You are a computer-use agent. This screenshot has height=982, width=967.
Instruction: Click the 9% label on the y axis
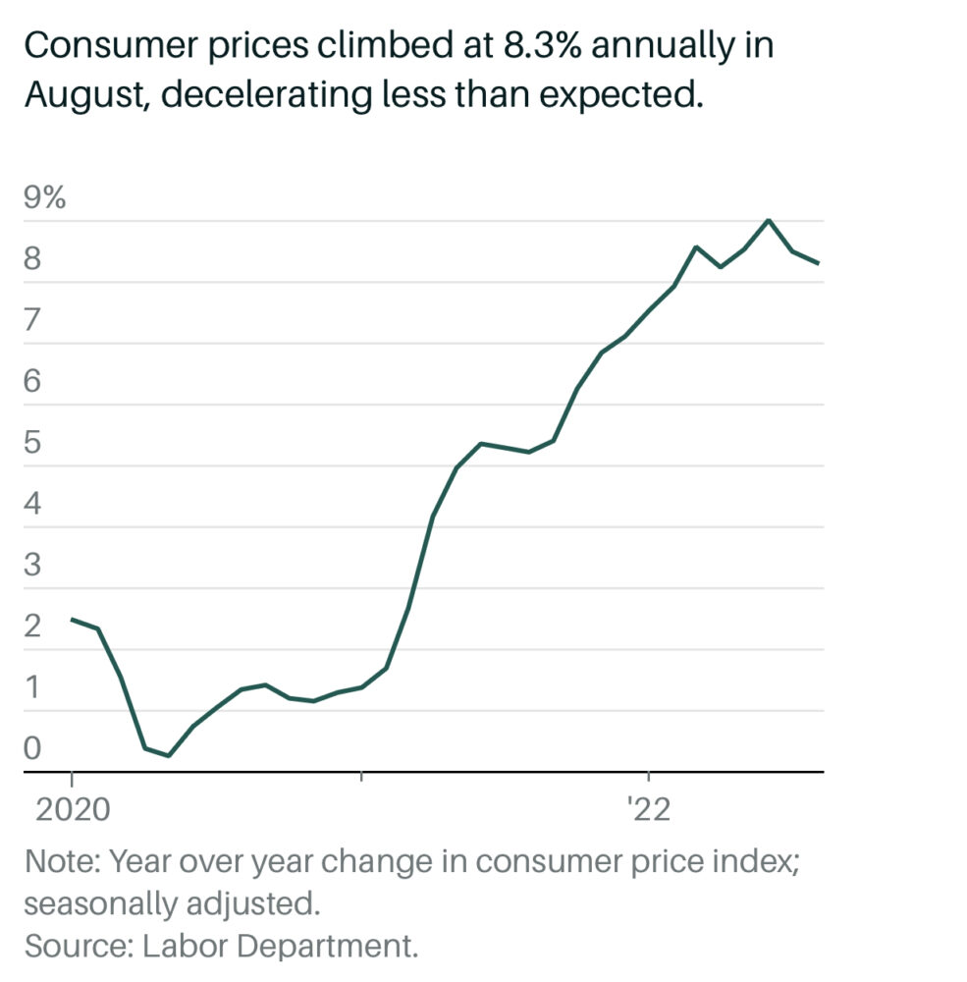(x=45, y=198)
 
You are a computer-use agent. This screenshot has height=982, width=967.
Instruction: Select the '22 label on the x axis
(x=649, y=811)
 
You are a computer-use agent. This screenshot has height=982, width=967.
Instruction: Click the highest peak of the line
(x=769, y=219)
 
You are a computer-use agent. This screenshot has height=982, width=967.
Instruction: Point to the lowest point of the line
(x=169, y=756)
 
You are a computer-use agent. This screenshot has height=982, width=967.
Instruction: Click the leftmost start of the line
(x=72, y=619)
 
